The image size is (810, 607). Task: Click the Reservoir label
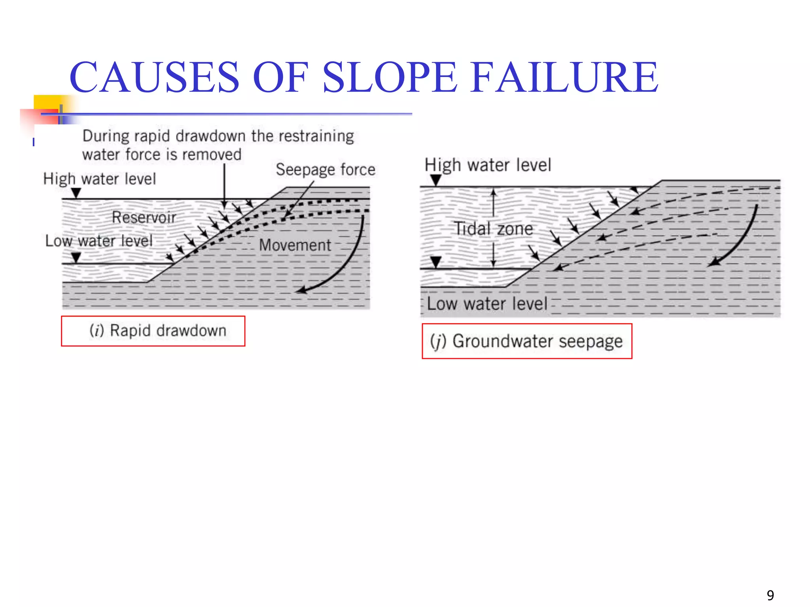pos(144,217)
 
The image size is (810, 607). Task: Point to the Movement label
pos(295,245)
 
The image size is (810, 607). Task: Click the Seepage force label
pos(326,170)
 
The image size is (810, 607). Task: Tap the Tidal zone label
pos(493,229)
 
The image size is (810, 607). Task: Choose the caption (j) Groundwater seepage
pos(527,341)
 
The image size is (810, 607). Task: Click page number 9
pos(770,595)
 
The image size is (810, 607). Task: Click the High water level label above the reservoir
pos(100,179)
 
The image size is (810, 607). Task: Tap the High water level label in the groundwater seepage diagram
pos(488,165)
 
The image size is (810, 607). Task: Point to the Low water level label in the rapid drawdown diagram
pos(99,241)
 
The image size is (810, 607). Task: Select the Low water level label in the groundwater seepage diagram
pos(487,304)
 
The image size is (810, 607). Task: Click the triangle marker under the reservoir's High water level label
pos(76,192)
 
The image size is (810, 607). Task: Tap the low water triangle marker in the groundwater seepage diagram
pos(435,261)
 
